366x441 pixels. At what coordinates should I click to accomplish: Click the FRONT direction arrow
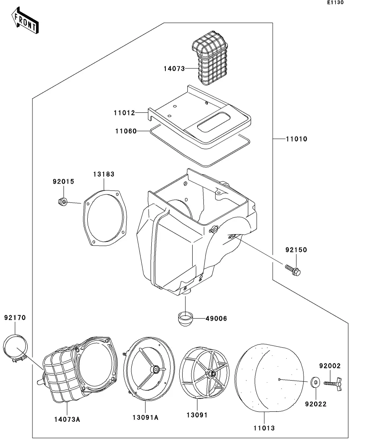25,20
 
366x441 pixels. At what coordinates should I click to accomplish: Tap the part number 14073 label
174,69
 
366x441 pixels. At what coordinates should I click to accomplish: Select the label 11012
124,113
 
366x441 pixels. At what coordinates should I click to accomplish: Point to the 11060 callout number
126,131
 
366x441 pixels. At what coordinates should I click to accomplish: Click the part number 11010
296,139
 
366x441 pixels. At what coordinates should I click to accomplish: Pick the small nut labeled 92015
62,202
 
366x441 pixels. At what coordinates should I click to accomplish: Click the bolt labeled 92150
293,270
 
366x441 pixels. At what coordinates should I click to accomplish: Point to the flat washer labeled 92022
315,383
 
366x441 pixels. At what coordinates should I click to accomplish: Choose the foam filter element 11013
269,378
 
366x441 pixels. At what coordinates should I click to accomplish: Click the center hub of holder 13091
211,373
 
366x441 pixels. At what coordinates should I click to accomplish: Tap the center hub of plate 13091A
154,369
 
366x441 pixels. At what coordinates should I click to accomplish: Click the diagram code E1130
335,2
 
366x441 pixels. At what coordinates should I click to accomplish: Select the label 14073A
67,419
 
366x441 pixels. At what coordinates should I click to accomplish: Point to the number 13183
104,174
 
